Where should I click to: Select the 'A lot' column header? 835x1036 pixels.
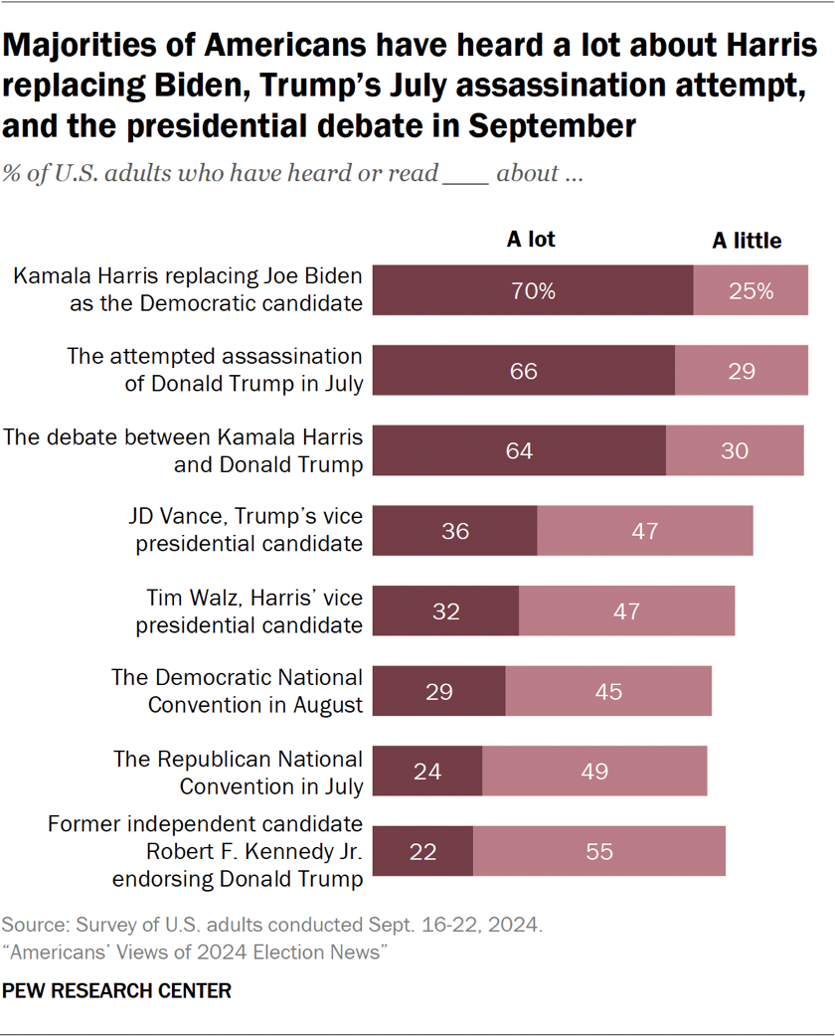pyautogui.click(x=531, y=240)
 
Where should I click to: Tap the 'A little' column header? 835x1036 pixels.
pyautogui.click(x=747, y=241)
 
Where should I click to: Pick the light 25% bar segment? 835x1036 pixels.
pyautogui.click(x=751, y=291)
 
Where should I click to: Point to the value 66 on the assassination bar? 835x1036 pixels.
pyautogui.click(x=523, y=371)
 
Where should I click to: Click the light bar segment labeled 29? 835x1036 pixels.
pyautogui.click(x=741, y=371)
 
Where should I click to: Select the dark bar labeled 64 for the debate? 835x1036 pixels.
pyautogui.click(x=519, y=450)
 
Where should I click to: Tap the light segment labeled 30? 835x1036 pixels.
pyautogui.click(x=735, y=450)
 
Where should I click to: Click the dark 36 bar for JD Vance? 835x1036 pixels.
pyautogui.click(x=456, y=531)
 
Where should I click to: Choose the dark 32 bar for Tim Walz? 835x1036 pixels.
pyautogui.click(x=447, y=610)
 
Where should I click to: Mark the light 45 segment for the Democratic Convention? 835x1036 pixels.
pyautogui.click(x=608, y=691)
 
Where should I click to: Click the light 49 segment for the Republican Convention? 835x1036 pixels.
pyautogui.click(x=594, y=771)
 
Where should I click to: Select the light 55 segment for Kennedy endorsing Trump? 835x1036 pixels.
pyautogui.click(x=599, y=851)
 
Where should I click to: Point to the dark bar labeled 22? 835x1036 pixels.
pyautogui.click(x=423, y=851)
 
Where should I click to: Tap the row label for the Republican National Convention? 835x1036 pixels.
pyautogui.click(x=238, y=772)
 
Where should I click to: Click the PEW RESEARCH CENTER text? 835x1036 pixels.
pyautogui.click(x=117, y=990)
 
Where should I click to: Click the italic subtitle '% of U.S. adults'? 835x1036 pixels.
pyautogui.click(x=292, y=174)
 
